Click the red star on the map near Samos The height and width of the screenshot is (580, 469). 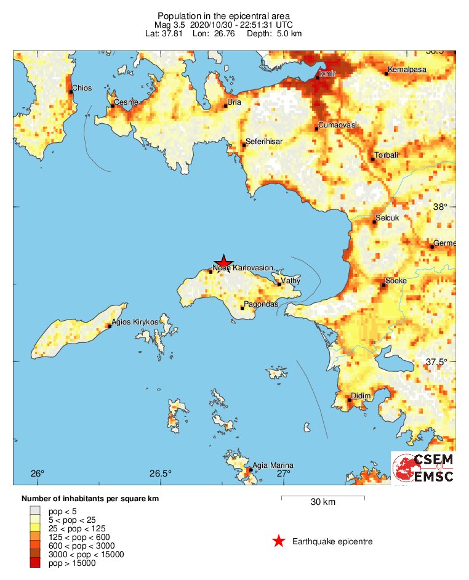[224, 262]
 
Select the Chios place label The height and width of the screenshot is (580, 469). [82, 88]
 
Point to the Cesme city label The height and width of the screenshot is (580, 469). [125, 102]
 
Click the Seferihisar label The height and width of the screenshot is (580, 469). [264, 142]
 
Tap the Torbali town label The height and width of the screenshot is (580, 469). [388, 155]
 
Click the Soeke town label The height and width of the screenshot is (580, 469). [396, 281]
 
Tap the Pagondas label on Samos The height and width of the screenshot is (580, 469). [262, 304]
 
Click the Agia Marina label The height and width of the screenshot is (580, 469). [273, 465]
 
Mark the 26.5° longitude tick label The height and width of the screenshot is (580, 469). [160, 473]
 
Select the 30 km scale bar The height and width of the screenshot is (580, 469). [323, 496]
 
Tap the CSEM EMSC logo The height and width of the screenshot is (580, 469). [423, 469]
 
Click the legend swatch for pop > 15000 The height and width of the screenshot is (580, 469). [35, 563]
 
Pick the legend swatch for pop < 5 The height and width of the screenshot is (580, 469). [35, 511]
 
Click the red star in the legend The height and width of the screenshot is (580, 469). [279, 541]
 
